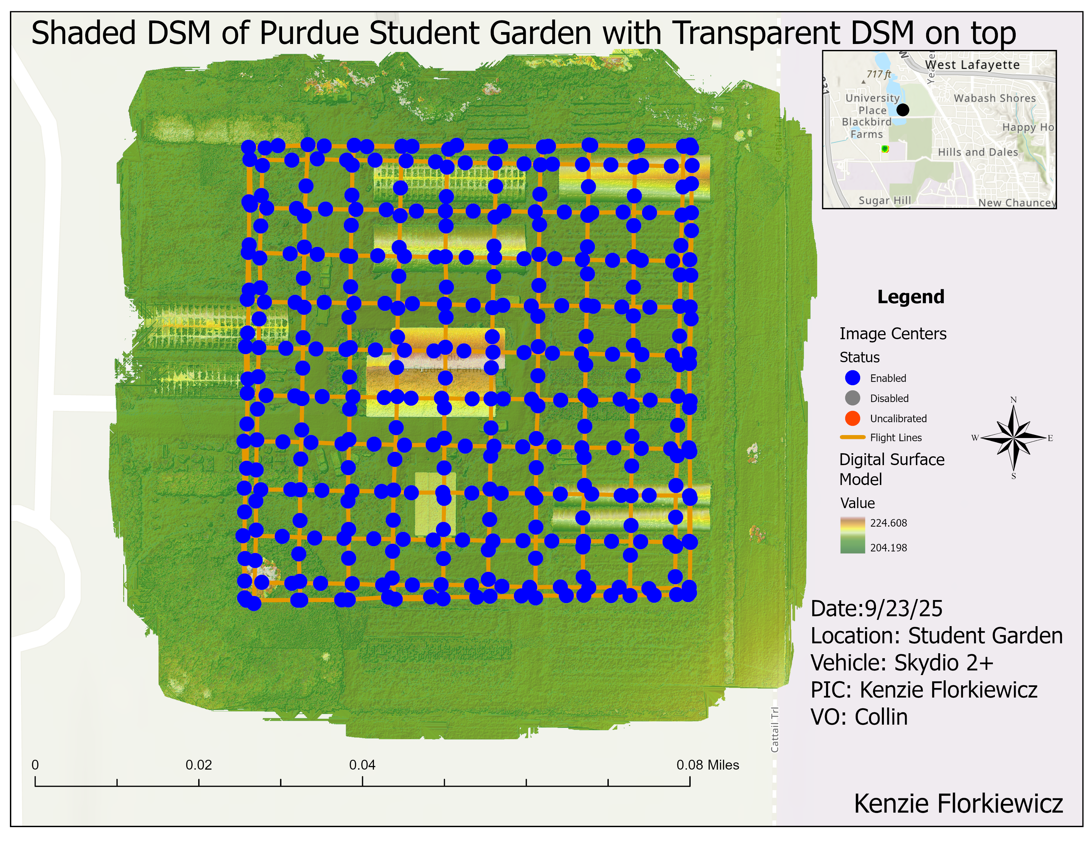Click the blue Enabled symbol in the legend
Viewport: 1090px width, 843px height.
tap(853, 378)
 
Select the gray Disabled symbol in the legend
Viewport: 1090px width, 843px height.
tap(853, 398)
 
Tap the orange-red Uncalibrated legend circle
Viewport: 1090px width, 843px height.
tap(853, 419)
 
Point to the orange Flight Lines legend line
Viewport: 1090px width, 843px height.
tap(853, 437)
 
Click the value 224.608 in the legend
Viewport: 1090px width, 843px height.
tap(889, 523)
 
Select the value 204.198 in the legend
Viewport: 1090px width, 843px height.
tap(889, 548)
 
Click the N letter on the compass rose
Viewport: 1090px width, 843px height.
tap(1013, 400)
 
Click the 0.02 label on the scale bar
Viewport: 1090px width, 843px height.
tap(199, 765)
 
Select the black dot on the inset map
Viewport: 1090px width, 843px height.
tap(902, 110)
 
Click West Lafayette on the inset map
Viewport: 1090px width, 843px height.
tap(972, 65)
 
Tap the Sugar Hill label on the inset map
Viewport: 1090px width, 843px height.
tap(884, 200)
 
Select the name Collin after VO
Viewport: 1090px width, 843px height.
tap(881, 717)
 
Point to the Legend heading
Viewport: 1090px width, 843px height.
tap(911, 297)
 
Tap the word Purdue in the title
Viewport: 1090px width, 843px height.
tap(309, 33)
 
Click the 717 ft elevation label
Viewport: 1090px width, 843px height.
tap(878, 74)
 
